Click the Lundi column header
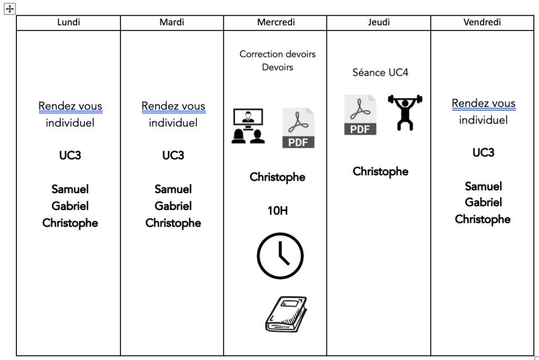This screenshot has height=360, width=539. point(68,23)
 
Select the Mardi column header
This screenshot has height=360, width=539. point(172,23)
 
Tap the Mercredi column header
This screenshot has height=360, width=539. point(275,23)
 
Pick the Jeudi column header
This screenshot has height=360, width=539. point(378,23)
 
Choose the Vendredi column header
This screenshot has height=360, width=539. point(482,23)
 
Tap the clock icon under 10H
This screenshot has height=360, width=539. point(280,256)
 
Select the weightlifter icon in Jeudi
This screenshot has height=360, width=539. point(405,112)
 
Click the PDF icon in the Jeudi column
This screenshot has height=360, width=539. point(361,115)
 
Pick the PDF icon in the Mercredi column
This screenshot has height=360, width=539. point(298,128)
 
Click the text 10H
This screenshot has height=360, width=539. point(277,211)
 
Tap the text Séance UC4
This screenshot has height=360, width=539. point(380,73)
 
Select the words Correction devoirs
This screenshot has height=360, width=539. point(277,54)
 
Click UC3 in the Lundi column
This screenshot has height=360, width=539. point(70,156)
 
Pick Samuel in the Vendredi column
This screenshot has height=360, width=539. point(483,186)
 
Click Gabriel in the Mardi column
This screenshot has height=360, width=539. point(173,206)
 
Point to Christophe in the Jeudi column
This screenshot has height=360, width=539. point(380,172)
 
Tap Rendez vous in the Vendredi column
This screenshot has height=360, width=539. point(483,103)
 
